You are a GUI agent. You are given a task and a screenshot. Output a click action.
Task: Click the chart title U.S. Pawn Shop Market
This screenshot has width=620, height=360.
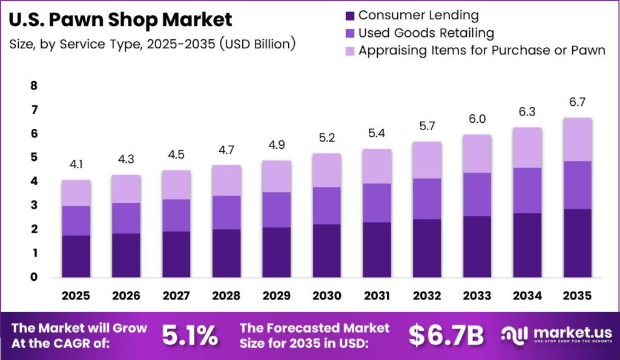coord(120,20)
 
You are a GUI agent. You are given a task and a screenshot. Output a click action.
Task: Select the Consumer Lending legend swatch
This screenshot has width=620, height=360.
coord(350,16)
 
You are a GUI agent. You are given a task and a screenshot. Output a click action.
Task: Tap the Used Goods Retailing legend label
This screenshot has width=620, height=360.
coord(426,33)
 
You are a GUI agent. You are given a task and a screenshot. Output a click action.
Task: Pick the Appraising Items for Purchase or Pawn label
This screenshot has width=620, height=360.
coord(482,51)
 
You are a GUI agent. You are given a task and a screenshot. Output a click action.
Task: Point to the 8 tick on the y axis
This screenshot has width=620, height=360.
coord(34,86)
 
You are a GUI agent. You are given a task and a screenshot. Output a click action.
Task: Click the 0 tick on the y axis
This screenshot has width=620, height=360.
coord(34,277)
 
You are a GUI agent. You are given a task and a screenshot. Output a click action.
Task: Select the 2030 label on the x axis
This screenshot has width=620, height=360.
coord(326,296)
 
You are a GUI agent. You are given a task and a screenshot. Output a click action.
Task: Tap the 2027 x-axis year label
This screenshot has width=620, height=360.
coord(176,296)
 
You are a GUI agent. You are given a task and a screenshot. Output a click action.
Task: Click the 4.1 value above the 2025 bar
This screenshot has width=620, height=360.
coord(76,165)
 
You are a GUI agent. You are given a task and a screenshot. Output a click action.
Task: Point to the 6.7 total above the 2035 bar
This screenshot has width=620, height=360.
coord(577,102)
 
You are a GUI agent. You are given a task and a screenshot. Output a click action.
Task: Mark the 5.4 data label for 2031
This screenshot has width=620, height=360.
coord(377,134)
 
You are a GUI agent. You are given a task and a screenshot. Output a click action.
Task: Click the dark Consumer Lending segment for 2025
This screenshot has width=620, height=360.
coord(76,257)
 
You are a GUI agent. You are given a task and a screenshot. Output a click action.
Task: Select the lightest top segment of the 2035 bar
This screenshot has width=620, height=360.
coord(577,140)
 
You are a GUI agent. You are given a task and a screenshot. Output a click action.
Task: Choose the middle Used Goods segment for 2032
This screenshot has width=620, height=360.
coord(427,199)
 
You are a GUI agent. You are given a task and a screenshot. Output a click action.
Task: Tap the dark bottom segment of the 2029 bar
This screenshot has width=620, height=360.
coord(276,252)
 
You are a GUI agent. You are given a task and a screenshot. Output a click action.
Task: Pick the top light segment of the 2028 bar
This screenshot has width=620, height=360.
coord(226,180)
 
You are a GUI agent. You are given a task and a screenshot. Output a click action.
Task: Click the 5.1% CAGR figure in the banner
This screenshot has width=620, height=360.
coord(190,336)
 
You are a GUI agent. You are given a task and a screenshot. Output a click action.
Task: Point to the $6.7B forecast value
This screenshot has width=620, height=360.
coord(446,336)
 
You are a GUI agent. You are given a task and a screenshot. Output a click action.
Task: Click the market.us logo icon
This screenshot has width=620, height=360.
coord(515,335)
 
